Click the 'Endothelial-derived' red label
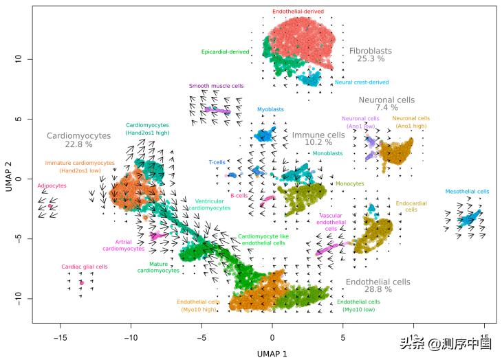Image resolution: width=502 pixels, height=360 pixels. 298,12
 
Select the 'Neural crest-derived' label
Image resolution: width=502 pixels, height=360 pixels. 361,82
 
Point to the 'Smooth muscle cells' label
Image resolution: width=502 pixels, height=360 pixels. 216,87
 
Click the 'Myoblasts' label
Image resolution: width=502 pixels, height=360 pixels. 270,109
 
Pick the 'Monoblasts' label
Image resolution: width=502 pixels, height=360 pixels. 327,154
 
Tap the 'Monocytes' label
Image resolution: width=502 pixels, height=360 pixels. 350,183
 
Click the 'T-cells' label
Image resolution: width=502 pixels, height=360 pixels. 217,163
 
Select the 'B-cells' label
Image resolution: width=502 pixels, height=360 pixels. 239,196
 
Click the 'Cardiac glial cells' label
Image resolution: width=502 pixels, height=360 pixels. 85,267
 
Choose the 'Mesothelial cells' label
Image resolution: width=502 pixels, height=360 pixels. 467,192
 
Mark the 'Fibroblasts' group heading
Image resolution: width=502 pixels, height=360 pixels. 370,51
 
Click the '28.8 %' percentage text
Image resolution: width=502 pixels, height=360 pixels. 378,290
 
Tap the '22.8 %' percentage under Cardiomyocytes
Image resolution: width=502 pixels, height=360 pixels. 78,145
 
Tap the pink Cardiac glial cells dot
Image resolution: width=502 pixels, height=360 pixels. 81,282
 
